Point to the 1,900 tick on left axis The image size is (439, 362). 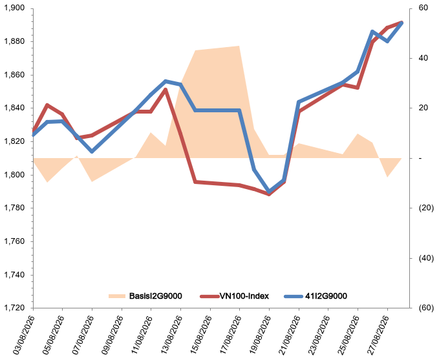click(14, 8)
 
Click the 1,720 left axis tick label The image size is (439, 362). click(14, 308)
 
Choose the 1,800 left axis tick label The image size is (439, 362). click(14, 175)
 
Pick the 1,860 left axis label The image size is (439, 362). click(14, 75)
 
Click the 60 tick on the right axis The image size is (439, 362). click(423, 8)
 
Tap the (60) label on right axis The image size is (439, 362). click(426, 308)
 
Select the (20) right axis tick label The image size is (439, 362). click(426, 208)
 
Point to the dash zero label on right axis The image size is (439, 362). click(420, 158)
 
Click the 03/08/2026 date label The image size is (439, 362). click(23, 335)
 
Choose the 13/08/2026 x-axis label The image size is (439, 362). click(171, 335)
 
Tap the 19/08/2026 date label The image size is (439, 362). click(259, 335)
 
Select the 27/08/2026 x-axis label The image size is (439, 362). click(378, 335)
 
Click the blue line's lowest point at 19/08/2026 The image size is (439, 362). click(269, 192)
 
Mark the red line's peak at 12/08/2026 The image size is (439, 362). click(166, 90)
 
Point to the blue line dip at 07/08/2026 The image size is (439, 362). click(92, 152)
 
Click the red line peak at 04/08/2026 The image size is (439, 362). click(47, 105)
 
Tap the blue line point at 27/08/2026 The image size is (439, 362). click(387, 41)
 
